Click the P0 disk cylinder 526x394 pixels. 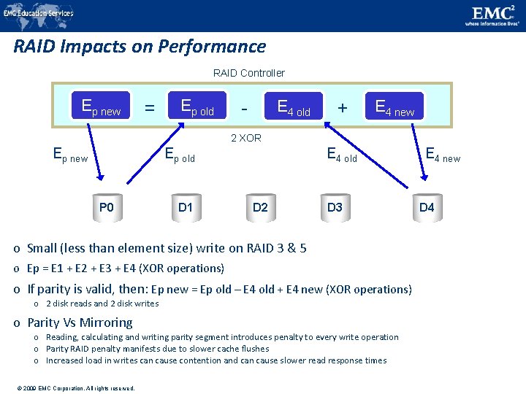[x=106, y=208]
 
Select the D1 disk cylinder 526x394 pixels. [x=186, y=208]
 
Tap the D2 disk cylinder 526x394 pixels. [x=260, y=208]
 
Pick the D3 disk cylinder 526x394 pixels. [x=335, y=208]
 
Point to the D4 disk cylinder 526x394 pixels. [x=427, y=208]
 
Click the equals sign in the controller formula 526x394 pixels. [x=149, y=108]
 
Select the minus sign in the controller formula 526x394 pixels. [x=245, y=108]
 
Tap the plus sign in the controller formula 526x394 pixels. [x=341, y=108]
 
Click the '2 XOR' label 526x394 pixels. [x=245, y=138]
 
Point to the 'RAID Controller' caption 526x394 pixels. [x=248, y=73]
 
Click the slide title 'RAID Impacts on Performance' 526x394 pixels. [x=140, y=47]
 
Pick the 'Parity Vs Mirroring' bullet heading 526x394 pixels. [x=80, y=322]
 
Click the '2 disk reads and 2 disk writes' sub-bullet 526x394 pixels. [x=102, y=304]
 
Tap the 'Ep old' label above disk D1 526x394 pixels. [x=180, y=155]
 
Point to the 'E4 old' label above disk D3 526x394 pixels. [x=342, y=155]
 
